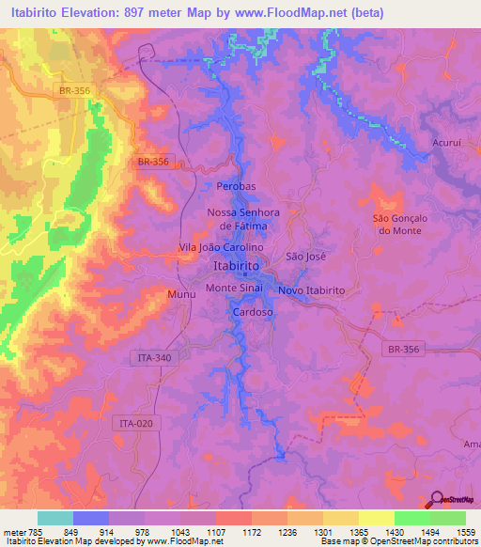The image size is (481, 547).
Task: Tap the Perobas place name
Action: click(x=236, y=186)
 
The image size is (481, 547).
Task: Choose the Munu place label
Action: click(x=182, y=295)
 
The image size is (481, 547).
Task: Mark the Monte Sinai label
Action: click(x=235, y=288)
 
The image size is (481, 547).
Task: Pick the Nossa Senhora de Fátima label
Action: click(x=243, y=219)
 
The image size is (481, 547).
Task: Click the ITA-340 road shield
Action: click(x=148, y=357)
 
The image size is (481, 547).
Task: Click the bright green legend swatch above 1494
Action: click(x=412, y=518)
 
